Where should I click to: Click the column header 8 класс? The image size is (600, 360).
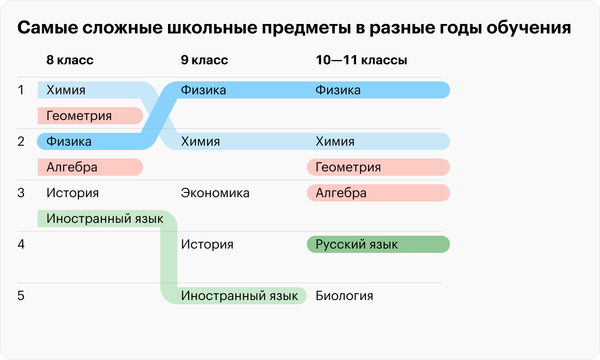point(70,60)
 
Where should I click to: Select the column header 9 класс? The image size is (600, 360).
point(204,60)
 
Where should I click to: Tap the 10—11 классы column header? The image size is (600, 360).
point(361,60)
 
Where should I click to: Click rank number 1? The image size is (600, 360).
point(21,90)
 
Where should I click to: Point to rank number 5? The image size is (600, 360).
point(21,296)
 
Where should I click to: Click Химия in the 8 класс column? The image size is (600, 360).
point(66,90)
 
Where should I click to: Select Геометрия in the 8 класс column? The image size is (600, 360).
point(79,116)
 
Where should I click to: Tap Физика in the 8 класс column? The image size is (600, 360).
point(69,141)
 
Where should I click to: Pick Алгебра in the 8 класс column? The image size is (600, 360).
point(72,168)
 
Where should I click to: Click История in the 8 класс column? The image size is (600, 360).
point(72,193)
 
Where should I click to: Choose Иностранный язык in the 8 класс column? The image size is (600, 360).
point(105,219)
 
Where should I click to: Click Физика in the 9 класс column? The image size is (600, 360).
point(203,90)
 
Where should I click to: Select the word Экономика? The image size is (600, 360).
point(215,193)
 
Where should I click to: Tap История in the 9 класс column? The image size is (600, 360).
point(207,244)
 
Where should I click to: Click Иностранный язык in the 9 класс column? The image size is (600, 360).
point(239,296)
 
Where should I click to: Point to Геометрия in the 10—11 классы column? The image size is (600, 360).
point(348,168)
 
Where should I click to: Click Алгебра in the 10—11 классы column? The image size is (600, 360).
point(341,193)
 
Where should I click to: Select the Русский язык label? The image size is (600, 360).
point(357,245)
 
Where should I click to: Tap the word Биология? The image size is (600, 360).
point(344,296)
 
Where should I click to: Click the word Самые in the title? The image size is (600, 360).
point(48,27)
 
